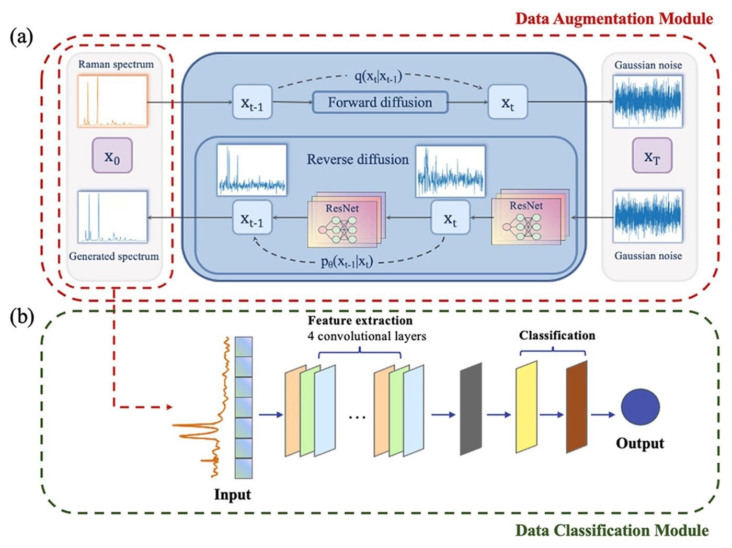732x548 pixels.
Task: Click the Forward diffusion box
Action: coord(380,103)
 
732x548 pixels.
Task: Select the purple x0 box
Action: coord(112,156)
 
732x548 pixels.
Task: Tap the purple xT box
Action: coord(651,156)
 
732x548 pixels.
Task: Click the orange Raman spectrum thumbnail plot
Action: coord(113,101)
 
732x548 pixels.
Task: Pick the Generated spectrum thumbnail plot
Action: coord(113,217)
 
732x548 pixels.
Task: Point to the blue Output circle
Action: coord(640,408)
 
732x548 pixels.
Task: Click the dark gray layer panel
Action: coord(471,409)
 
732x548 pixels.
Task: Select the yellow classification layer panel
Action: coord(527,407)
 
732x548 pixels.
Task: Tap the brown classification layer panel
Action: coord(577,407)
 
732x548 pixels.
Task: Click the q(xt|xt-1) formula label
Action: coord(379,77)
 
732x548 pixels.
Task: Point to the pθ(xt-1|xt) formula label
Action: coord(347,262)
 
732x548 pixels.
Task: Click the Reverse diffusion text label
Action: coord(358,159)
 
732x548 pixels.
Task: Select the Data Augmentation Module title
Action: coord(614,19)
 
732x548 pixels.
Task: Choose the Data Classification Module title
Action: coord(612,530)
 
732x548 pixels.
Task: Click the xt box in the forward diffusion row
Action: coord(508,103)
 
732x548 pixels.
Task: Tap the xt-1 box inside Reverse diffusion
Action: coord(252,219)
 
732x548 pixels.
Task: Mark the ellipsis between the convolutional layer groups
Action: coord(357,417)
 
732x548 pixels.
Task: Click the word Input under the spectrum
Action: coord(232,494)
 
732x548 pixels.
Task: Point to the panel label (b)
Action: coord(22,317)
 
